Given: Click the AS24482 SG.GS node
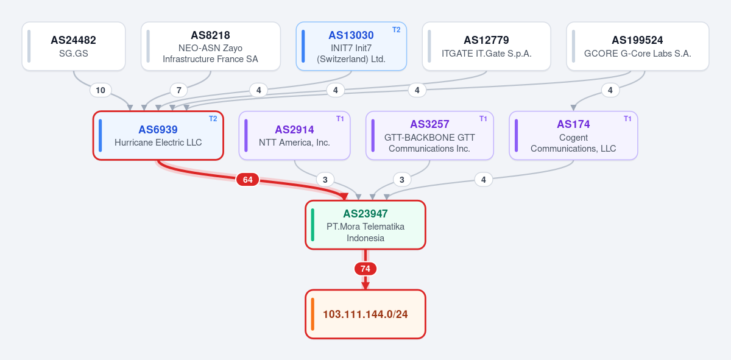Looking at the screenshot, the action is point(74,46).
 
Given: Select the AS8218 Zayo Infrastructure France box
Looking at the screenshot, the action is point(211,46).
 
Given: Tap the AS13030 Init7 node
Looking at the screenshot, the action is point(351,46).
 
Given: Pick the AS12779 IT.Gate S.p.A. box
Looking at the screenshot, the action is point(487,46).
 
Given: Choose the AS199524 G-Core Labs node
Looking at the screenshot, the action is point(638,46).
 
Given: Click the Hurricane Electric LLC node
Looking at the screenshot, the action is point(158,135).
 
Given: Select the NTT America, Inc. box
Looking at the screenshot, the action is point(294,135).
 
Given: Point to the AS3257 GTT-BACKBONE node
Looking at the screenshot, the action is point(429,135).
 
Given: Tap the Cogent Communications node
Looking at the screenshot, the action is point(573,135).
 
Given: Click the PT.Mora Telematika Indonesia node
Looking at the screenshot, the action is point(365,225).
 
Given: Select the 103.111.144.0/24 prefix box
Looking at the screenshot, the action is point(365,314).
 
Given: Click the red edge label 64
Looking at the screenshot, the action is point(248,180).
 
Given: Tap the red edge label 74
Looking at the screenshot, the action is point(365,269).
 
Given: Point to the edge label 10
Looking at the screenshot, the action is point(101,90).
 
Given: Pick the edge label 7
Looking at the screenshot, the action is point(179,90).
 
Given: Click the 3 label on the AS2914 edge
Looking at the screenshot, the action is point(325,180).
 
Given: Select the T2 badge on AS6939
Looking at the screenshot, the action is point(213,119).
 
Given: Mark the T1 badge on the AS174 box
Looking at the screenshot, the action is point(627,119).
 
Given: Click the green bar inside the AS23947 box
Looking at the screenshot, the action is point(313,225).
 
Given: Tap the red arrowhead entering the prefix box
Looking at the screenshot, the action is point(365,286).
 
